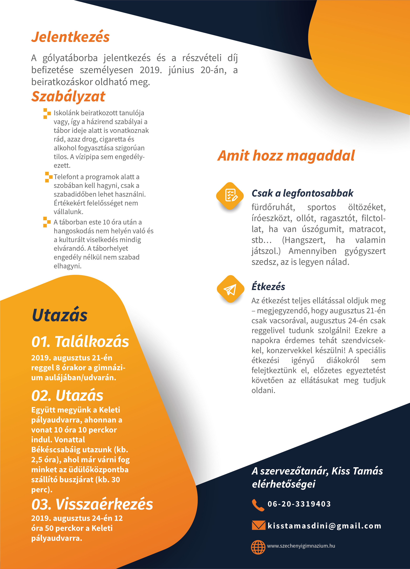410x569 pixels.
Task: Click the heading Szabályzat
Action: [68, 97]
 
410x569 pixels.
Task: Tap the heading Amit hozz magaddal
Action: [286, 156]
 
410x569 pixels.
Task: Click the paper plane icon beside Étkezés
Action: [230, 289]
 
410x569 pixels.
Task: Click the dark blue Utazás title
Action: [60, 315]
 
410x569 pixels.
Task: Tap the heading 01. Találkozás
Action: [80, 342]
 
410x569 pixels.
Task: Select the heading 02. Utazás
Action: [67, 396]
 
